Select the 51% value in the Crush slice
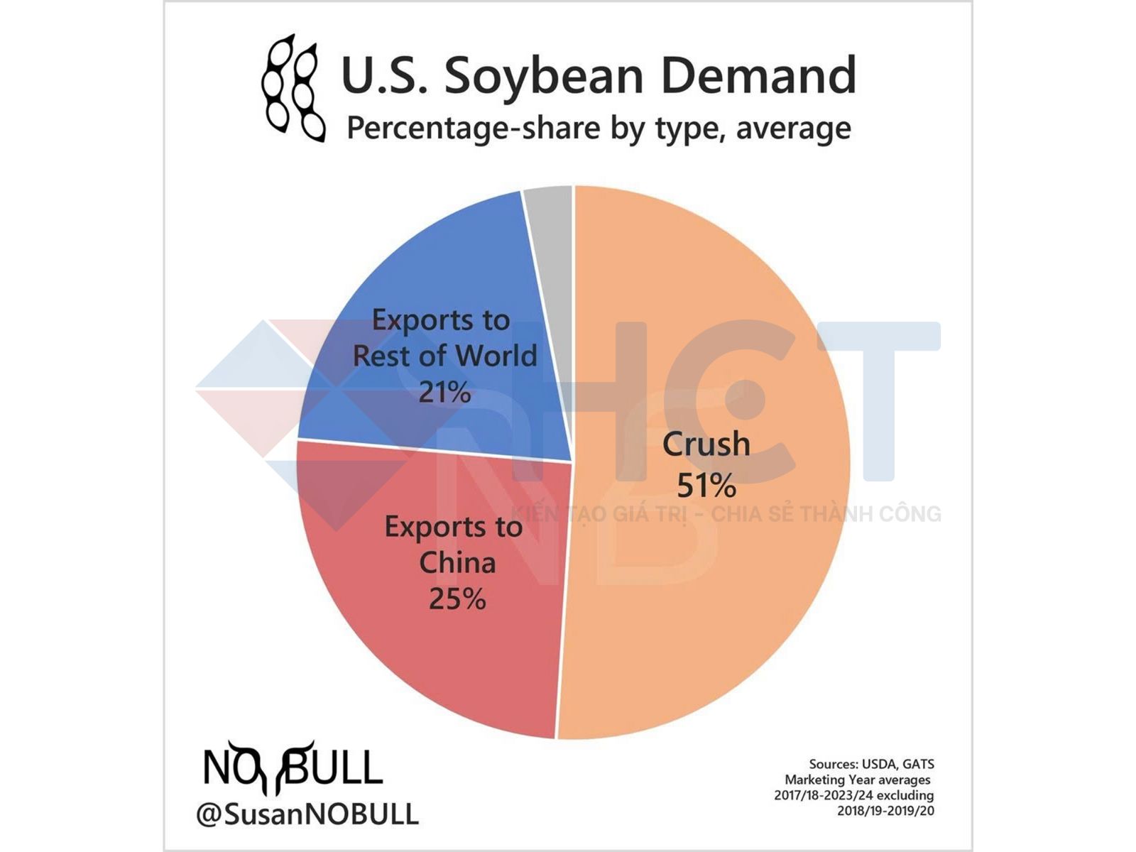[706, 486]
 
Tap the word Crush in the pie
[706, 444]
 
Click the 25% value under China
[457, 599]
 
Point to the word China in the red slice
[457, 562]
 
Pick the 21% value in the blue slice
[444, 392]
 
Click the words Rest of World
[444, 356]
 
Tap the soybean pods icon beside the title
[293, 88]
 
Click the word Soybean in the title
[544, 75]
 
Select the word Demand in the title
[758, 75]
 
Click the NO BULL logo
[293, 767]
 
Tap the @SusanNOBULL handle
[307, 814]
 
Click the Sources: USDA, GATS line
[871, 764]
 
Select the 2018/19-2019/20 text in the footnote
[885, 810]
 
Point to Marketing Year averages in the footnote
[857, 780]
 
